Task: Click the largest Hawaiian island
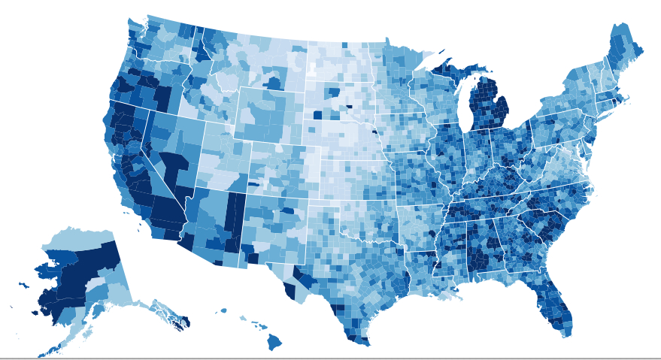point(274,341)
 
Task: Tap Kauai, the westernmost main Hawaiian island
point(223,310)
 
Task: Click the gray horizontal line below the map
point(330,358)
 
